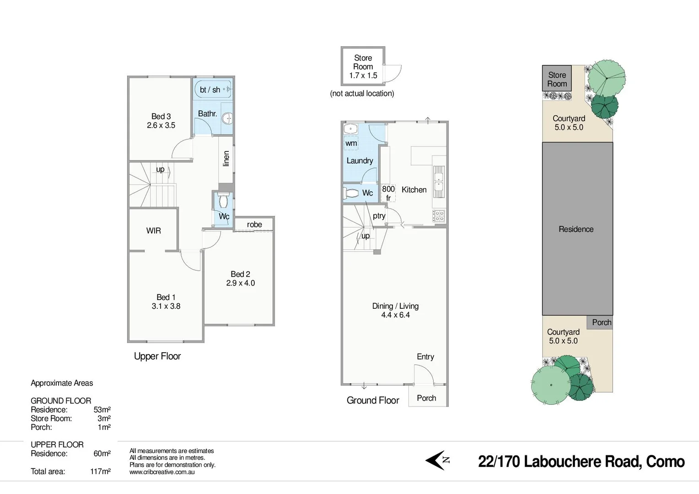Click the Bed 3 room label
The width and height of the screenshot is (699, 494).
click(x=161, y=116)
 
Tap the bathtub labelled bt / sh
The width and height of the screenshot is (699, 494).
click(x=213, y=90)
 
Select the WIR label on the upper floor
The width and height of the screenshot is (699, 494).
click(x=154, y=231)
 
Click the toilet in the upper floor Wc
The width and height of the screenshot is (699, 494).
click(x=223, y=201)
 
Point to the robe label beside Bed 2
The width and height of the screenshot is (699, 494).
click(x=254, y=224)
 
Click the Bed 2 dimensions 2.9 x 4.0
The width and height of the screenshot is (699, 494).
click(x=240, y=283)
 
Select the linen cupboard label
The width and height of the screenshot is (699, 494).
click(x=226, y=159)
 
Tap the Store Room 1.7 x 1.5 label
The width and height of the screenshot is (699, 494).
click(x=363, y=67)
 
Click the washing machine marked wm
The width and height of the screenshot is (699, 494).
click(x=351, y=143)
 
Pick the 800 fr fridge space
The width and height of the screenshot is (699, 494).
click(x=388, y=193)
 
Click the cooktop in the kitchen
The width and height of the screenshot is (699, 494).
click(x=438, y=215)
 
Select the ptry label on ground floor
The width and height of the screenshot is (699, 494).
click(x=379, y=216)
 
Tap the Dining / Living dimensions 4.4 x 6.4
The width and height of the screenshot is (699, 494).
click(x=395, y=315)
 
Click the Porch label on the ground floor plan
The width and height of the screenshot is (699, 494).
click(x=426, y=398)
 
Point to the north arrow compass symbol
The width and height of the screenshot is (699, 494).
click(x=438, y=460)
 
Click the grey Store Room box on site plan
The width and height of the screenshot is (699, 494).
click(x=557, y=79)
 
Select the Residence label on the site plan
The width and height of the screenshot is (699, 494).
click(x=576, y=229)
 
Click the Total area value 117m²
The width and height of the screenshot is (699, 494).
click(x=100, y=471)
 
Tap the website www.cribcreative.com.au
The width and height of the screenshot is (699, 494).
click(x=162, y=472)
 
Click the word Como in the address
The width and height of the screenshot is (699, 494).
click(x=665, y=462)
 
